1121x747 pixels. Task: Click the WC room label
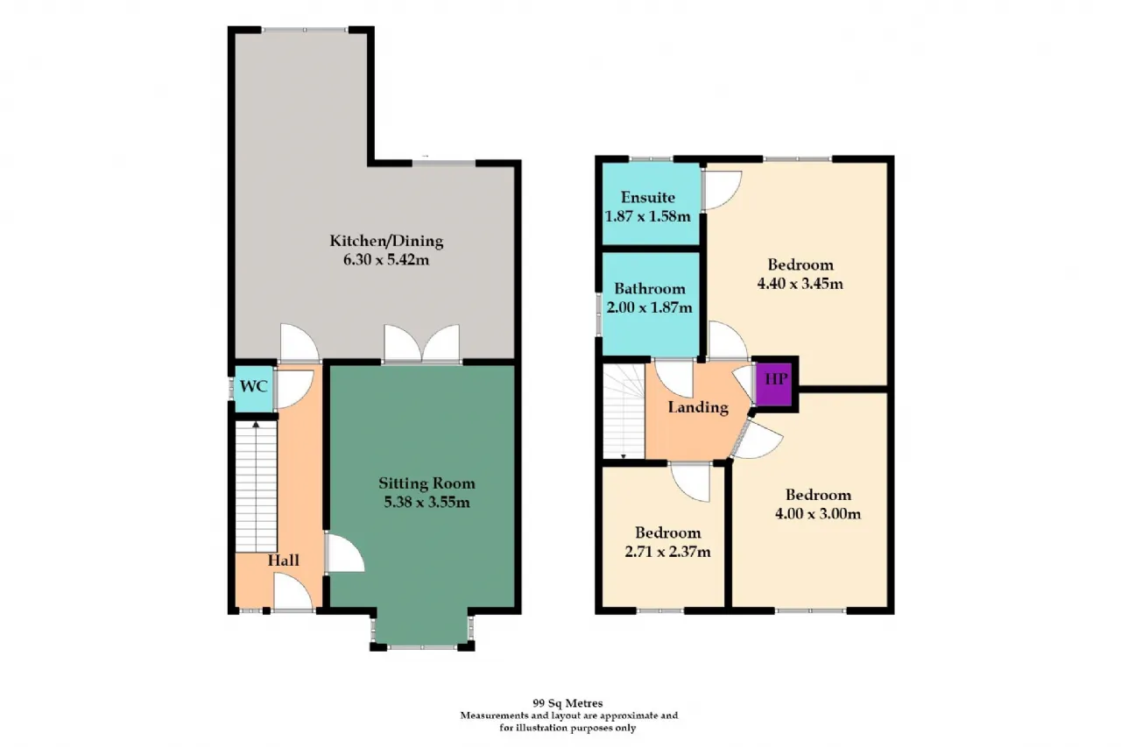point(254,386)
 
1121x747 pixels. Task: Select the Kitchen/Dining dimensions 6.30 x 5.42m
point(386,260)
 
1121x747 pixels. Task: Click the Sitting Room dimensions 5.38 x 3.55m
point(427,503)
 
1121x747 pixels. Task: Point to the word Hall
point(283,560)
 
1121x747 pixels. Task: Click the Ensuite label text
point(647,197)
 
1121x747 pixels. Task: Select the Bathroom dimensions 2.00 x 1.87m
point(649,307)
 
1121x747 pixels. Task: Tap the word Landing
point(698,407)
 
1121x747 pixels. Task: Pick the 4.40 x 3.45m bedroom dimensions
point(800,284)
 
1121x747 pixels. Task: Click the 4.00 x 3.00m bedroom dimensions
point(818,514)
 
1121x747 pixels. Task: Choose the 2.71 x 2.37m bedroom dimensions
point(667,552)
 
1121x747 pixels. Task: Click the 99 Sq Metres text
point(568,703)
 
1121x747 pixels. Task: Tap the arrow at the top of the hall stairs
point(256,426)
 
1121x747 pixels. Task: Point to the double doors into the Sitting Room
point(422,343)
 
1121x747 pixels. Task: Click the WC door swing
point(293,389)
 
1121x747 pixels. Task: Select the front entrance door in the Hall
point(293,592)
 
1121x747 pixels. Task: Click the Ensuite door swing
point(722,190)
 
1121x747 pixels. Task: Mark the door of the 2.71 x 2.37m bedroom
point(690,483)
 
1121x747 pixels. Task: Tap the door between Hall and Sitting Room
point(345,553)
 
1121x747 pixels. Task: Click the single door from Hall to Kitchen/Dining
point(300,343)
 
